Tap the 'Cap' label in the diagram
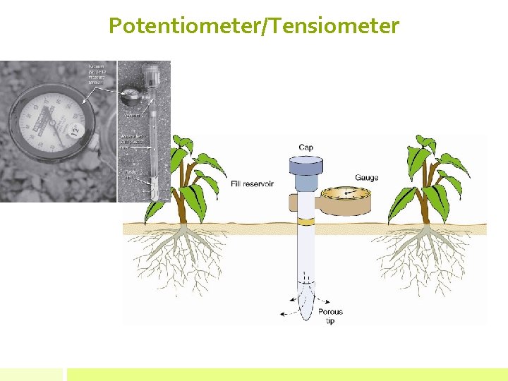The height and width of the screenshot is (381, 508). click(306, 147)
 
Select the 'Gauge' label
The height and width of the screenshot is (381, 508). click(366, 178)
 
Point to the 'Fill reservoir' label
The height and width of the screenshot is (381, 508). click(252, 184)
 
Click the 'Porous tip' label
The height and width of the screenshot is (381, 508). click(330, 316)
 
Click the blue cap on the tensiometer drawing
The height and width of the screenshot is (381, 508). click(305, 167)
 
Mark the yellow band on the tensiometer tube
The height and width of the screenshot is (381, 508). click(306, 222)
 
